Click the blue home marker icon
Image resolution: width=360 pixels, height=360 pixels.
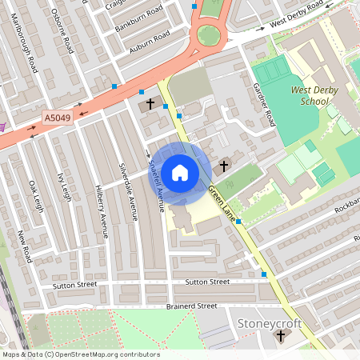(x=180, y=173)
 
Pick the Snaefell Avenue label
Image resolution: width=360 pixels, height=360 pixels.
(x=157, y=186)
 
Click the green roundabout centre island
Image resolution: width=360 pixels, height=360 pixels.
(x=209, y=35)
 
